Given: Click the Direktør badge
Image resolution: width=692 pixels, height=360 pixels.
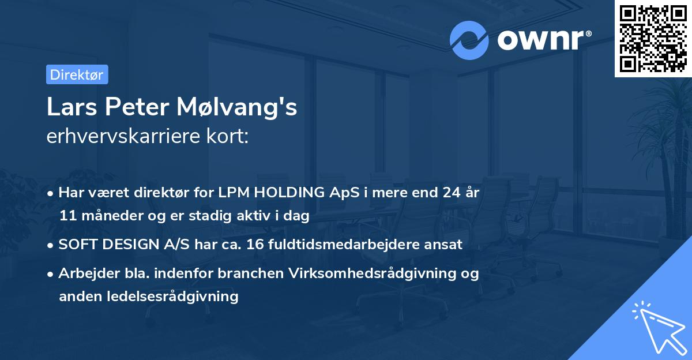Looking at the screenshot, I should tap(77, 74).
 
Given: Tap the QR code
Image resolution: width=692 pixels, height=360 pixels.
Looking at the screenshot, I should tap(653, 39).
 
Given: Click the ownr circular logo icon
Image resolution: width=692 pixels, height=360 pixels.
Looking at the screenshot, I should tap(469, 40).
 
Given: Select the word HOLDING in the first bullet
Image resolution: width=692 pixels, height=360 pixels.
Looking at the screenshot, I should tap(290, 193).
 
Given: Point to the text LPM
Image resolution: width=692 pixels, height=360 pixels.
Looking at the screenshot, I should tap(236, 193).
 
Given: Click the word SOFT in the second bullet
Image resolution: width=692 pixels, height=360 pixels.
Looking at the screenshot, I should tap(74, 245).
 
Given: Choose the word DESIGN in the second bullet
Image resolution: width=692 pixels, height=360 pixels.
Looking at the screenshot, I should tap(121, 245).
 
